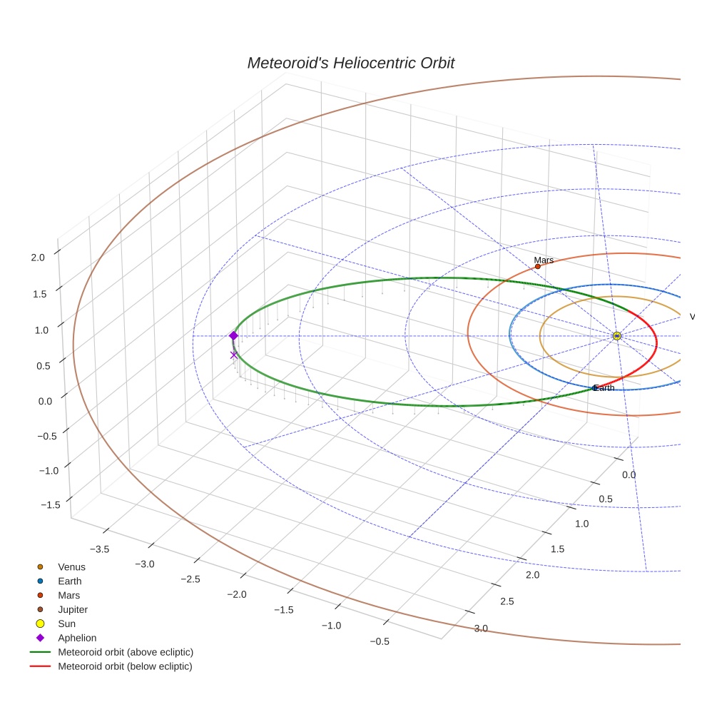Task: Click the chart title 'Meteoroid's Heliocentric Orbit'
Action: [x=350, y=63]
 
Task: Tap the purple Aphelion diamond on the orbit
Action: [x=233, y=335]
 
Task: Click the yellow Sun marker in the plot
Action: [x=617, y=336]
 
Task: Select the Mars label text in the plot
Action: [x=544, y=260]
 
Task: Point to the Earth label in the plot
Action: [x=604, y=388]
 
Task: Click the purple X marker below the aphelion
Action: [x=233, y=355]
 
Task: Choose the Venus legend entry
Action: [x=71, y=567]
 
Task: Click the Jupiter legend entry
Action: [x=73, y=610]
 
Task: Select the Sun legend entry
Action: [x=66, y=624]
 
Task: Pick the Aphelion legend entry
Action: [x=76, y=639]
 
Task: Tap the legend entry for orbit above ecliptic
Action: [x=125, y=653]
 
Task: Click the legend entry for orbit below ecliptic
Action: [x=125, y=667]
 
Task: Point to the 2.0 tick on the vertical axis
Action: [x=39, y=258]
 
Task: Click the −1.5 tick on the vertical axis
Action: [x=51, y=505]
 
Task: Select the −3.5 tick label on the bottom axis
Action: [x=99, y=549]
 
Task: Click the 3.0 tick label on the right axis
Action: [x=481, y=629]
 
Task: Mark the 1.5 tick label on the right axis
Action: [x=556, y=549]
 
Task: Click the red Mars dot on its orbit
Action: [x=537, y=266]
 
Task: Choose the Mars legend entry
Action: [x=68, y=596]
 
